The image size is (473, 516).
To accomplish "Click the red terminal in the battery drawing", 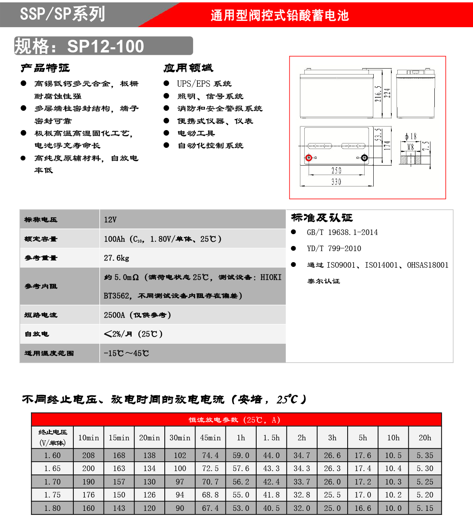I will click(309, 158).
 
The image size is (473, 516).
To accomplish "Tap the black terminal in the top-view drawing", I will click(365, 158).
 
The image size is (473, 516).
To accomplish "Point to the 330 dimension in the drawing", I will click(336, 182).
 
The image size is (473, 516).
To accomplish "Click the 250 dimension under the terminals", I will click(336, 170).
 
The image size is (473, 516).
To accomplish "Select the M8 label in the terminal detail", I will click(410, 147).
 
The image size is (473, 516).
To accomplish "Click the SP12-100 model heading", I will click(106, 46).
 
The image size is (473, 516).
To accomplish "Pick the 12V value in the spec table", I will click(110, 220).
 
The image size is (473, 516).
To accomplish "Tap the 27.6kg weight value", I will click(116, 258).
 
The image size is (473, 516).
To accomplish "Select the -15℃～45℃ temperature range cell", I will click(126, 353).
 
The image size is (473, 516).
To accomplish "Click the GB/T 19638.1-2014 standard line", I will click(342, 232).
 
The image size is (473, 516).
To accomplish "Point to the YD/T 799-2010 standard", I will click(334, 248).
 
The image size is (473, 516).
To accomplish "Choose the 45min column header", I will click(210, 438).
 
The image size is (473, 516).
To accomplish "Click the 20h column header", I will click(425, 438).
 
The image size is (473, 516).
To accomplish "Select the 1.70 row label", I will click(52, 482).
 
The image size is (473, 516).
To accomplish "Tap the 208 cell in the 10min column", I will click(88, 455).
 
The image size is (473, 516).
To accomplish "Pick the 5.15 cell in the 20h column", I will click(425, 508).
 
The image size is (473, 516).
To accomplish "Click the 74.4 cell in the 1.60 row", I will click(210, 455).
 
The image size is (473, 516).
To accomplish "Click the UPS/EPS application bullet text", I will click(204, 84).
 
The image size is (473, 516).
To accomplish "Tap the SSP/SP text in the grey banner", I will click(45, 14).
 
